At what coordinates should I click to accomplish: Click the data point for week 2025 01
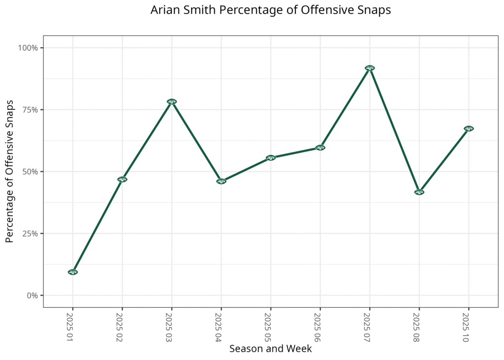point(73,272)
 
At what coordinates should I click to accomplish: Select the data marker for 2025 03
point(172,101)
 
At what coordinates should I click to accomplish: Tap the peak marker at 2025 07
point(370,68)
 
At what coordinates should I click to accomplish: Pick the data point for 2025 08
point(419,192)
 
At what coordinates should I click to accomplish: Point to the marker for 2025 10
point(469,129)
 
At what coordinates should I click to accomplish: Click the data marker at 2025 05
point(271,158)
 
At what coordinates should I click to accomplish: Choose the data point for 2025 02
point(122,179)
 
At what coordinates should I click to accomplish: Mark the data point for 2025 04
point(221,181)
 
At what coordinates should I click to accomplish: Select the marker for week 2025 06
point(320,147)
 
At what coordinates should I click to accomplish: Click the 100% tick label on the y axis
point(28,48)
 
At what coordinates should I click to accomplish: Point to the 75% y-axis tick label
point(30,110)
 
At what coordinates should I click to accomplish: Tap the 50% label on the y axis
point(30,171)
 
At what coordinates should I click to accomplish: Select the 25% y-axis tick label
point(30,233)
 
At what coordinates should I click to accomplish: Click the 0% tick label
point(32,295)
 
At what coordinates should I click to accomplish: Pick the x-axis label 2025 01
point(70,326)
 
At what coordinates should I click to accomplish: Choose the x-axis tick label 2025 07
point(367,326)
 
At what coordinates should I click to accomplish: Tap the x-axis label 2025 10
point(466,326)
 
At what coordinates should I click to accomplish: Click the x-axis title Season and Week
point(270,349)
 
